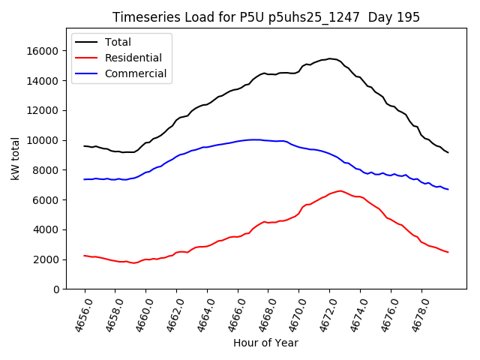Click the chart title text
click(266, 17)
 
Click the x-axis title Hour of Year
click(265, 343)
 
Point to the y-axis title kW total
click(15, 158)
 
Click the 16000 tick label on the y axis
click(45, 51)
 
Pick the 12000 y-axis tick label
click(45, 110)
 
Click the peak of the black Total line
click(329, 58)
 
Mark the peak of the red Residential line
click(340, 190)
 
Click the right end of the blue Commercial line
click(448, 189)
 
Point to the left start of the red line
click(85, 256)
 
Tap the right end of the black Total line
click(448, 152)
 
